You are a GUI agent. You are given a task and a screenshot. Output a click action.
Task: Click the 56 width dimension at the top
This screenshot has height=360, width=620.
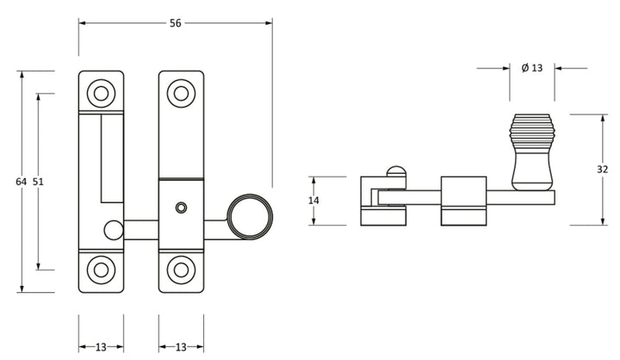click(176, 24)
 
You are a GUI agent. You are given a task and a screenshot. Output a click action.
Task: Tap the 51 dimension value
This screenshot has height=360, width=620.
click(38, 182)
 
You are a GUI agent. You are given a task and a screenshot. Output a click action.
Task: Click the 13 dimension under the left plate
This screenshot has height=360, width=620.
click(101, 347)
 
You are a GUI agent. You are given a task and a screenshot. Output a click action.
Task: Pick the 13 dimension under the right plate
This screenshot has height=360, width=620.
click(181, 347)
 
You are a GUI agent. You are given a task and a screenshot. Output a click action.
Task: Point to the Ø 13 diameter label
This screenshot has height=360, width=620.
click(531, 68)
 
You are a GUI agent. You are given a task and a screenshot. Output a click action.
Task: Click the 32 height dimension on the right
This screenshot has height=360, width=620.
click(602, 170)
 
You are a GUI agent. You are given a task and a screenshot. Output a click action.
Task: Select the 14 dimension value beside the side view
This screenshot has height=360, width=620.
click(313, 201)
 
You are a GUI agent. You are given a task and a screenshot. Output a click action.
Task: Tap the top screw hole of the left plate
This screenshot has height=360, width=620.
click(101, 93)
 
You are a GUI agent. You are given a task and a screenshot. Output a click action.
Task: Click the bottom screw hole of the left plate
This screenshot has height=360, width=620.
click(101, 269)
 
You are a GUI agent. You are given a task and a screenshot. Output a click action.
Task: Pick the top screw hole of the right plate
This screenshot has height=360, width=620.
click(181, 93)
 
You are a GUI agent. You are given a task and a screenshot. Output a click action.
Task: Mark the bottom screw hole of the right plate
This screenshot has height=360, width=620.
click(181, 269)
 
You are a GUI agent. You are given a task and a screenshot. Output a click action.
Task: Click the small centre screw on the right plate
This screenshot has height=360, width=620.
click(180, 208)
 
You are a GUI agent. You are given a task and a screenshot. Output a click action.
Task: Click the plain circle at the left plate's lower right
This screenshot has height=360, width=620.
click(112, 229)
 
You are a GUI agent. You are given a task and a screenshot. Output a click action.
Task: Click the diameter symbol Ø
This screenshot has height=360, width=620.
click(524, 68)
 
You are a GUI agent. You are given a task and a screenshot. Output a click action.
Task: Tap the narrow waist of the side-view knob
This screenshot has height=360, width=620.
click(530, 162)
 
